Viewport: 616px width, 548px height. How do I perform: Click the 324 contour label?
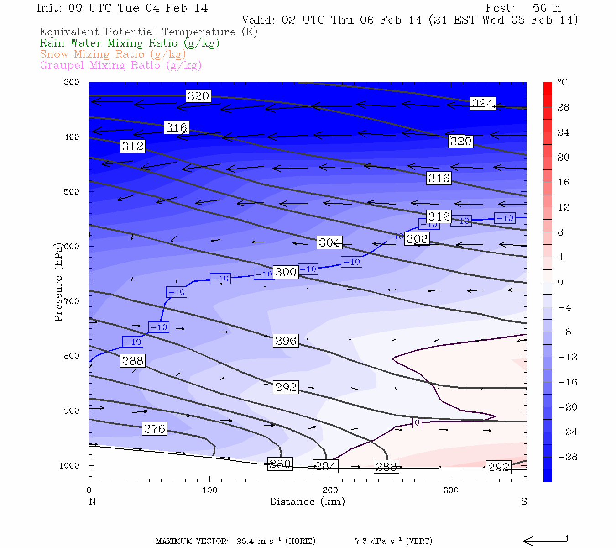[x=483, y=103]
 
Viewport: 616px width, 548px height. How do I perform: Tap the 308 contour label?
[x=417, y=238]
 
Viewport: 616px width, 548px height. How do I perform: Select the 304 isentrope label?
[x=329, y=242]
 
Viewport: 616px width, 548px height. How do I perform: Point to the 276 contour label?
[x=155, y=429]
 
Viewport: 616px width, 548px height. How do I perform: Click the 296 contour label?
[x=286, y=341]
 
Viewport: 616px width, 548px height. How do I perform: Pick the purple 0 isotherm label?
[x=417, y=423]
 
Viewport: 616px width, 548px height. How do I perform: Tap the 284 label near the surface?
[x=326, y=466]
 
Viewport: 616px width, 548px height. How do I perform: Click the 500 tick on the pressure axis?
[x=72, y=192]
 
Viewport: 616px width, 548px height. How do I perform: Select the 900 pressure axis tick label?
[x=72, y=411]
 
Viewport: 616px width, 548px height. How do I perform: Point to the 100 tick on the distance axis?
[x=209, y=490]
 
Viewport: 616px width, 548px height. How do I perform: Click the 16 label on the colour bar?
[x=564, y=182]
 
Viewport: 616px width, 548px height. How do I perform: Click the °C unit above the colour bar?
[x=562, y=82]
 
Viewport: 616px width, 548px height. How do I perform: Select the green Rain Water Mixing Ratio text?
[x=130, y=43]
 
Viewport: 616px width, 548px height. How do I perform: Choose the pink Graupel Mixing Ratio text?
[x=121, y=65]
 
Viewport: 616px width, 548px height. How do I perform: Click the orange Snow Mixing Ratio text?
[x=113, y=54]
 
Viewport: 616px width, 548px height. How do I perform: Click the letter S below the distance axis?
[x=524, y=501]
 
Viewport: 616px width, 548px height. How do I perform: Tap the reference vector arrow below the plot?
[x=545, y=541]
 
